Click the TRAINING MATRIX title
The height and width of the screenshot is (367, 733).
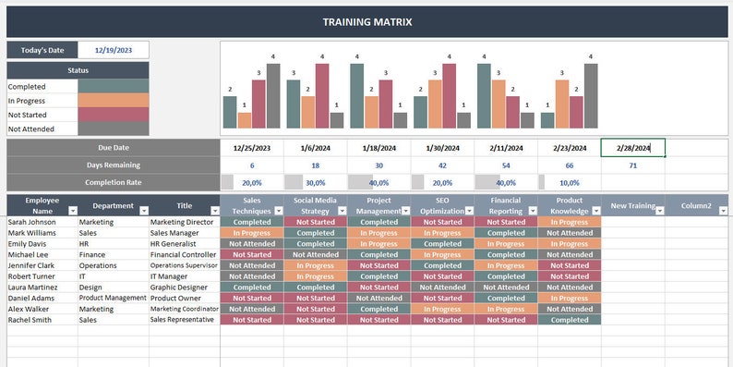(x=366, y=21)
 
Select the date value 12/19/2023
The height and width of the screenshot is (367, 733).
(x=114, y=50)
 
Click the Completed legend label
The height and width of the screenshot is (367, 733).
(x=28, y=86)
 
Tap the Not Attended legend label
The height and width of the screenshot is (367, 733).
(x=31, y=129)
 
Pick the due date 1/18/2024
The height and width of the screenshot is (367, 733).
(x=379, y=148)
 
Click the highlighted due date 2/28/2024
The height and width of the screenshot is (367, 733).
(x=632, y=148)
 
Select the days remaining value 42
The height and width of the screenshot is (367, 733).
(x=442, y=165)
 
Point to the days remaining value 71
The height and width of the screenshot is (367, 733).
(x=632, y=165)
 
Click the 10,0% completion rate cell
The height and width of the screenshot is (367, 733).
(x=570, y=183)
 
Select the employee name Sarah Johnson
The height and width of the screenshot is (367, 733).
(x=32, y=222)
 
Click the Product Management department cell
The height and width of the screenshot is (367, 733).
(x=113, y=299)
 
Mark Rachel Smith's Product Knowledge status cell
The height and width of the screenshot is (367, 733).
(x=569, y=320)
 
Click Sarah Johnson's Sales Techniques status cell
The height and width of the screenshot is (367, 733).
(x=252, y=222)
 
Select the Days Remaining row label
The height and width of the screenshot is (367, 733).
(x=113, y=165)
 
